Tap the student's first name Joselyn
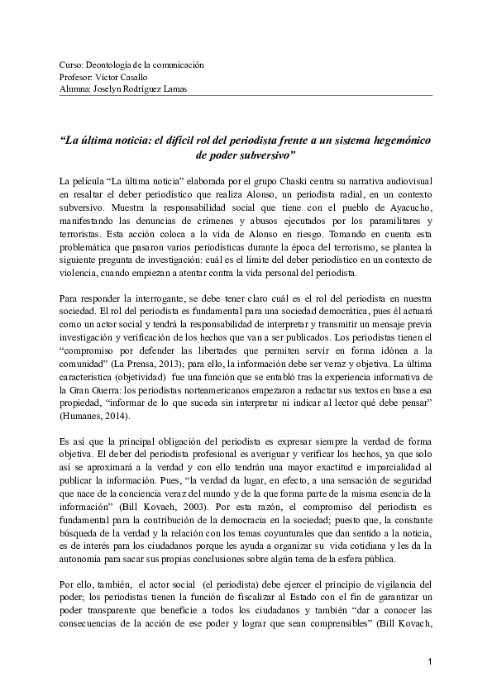(x=107, y=88)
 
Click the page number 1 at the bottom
(x=432, y=662)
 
